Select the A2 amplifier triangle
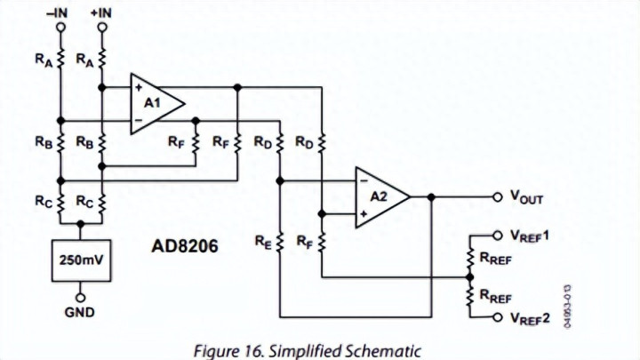[380, 196]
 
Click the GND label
[81, 312]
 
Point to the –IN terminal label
[60, 12]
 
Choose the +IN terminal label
[101, 12]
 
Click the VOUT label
[526, 197]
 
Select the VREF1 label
[532, 236]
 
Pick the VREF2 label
[532, 318]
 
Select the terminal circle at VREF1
[497, 236]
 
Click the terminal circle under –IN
[60, 28]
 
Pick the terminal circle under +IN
[102, 28]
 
